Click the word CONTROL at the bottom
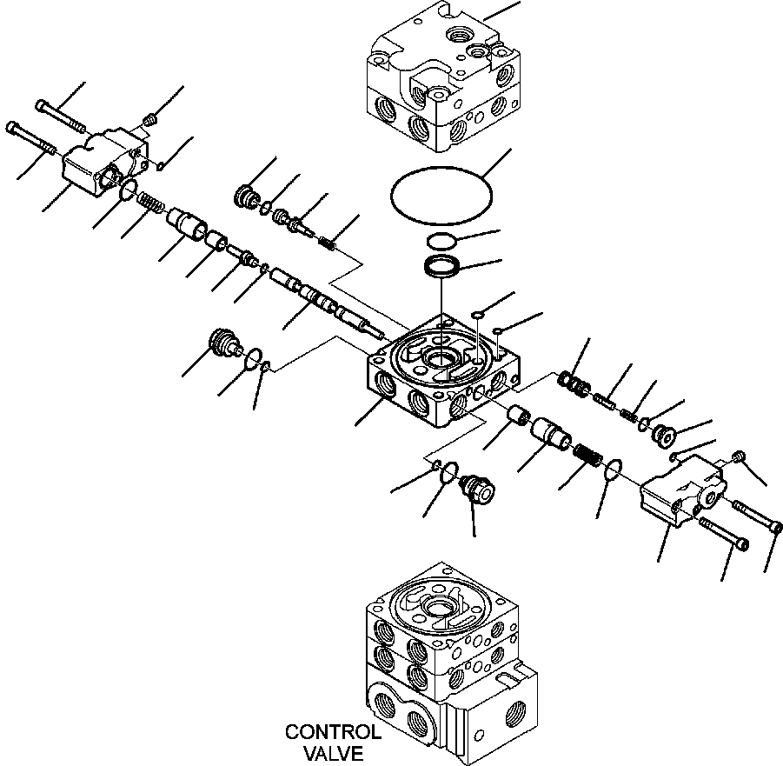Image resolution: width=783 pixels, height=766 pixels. click(333, 732)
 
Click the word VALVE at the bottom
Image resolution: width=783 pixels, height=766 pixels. click(333, 753)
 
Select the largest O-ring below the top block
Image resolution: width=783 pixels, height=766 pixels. click(441, 196)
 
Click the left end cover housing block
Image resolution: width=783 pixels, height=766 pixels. click(105, 161)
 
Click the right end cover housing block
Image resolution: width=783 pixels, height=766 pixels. click(683, 490)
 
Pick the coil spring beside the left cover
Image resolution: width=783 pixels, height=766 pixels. click(149, 201)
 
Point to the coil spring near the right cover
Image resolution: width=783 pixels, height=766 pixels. click(588, 456)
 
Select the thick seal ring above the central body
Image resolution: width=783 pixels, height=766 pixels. click(442, 266)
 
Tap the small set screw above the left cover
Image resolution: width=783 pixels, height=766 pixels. click(149, 119)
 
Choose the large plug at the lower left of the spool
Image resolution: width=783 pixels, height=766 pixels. click(222, 343)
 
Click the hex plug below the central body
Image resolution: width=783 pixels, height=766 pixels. click(477, 488)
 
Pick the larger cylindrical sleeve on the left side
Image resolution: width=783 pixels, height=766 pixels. click(186, 223)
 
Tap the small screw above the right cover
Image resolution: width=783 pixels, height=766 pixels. click(739, 456)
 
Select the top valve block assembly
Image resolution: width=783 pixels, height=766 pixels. click(443, 77)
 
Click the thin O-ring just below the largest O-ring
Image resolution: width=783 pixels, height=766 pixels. click(441, 241)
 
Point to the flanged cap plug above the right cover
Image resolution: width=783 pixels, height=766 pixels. click(664, 435)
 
